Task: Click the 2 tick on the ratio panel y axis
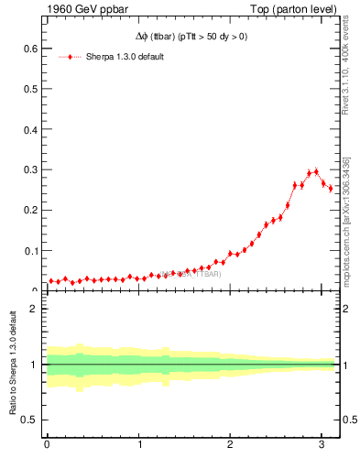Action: point(35,309)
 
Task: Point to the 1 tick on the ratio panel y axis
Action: point(35,365)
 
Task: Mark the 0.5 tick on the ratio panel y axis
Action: point(31,420)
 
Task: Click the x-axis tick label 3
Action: point(322,446)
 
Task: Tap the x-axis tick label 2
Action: point(230,446)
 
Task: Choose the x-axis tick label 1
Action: point(138,446)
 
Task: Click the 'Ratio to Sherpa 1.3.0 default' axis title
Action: point(13,365)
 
